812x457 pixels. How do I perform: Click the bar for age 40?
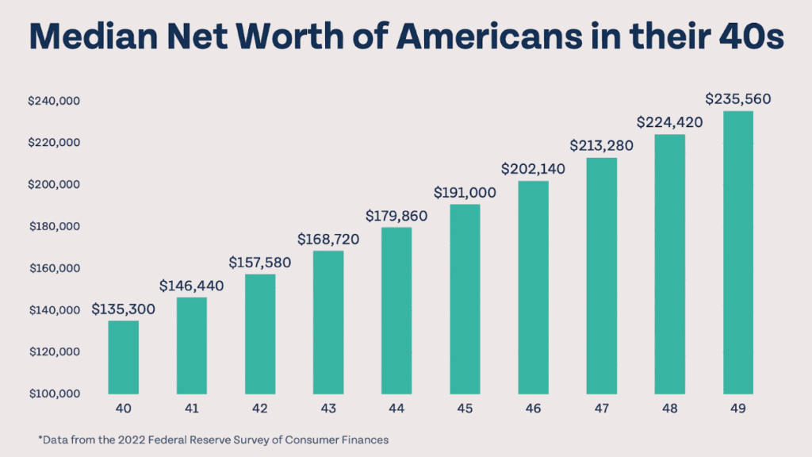[123, 357]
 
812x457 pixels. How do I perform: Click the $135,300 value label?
[123, 309]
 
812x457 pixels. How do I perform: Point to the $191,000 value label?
[465, 192]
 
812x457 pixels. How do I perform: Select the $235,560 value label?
[737, 99]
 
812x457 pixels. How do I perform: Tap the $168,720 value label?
[328, 239]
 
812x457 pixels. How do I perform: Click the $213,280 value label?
[601, 146]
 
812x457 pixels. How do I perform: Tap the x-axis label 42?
[260, 409]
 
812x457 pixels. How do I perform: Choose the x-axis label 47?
[601, 409]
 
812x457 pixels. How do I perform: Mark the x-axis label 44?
[396, 409]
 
